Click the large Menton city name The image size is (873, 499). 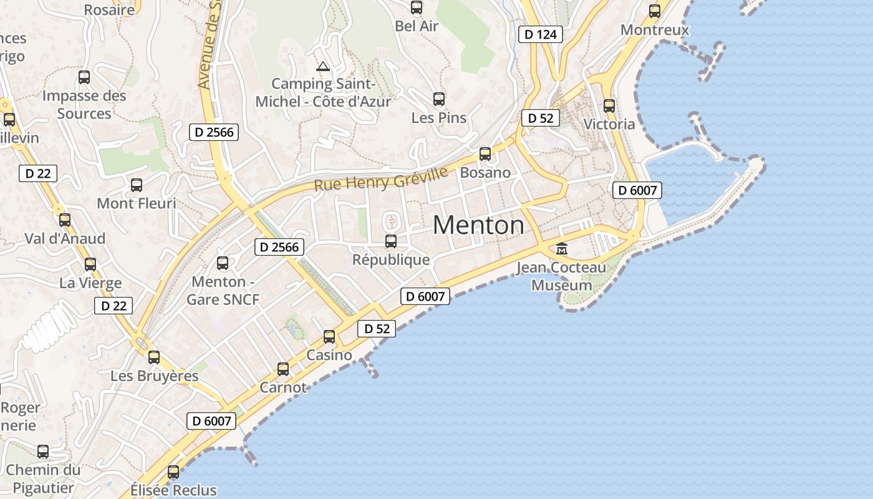pos(478,225)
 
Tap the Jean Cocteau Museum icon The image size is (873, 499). pos(562,249)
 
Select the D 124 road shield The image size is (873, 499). pos(540,34)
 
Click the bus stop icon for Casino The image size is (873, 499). pos(329,337)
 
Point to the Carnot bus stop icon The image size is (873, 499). pos(283,369)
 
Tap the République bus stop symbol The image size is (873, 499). pos(391,241)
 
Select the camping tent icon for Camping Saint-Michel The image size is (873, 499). pos(322,67)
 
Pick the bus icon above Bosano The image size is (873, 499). pos(485,154)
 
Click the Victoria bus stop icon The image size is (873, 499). pos(609,106)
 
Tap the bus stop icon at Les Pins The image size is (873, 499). pos(439,99)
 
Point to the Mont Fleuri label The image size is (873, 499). pos(137,203)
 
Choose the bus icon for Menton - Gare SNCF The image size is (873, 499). pos(223,263)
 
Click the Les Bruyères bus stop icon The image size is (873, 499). pos(154,357)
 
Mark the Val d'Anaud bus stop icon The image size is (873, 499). pos(65,220)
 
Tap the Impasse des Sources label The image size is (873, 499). pos(84,105)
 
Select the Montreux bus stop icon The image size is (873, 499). pos(655,11)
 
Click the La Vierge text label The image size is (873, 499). pos(90,283)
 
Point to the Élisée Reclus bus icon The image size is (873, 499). pos(173,472)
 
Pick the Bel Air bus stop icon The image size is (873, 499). pos(417,8)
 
